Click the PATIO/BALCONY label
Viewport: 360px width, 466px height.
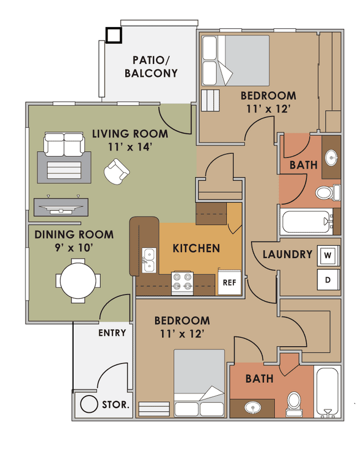(151, 66)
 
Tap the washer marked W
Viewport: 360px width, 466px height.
(328, 255)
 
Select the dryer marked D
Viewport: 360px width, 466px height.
(328, 280)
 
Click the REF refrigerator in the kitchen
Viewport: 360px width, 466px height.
(229, 282)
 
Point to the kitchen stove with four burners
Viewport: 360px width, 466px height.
(182, 283)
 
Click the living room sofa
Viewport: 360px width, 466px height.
(64, 144)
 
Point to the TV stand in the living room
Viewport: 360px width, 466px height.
(61, 207)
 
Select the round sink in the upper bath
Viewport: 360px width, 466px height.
(331, 157)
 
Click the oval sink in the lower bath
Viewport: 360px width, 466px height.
(253, 407)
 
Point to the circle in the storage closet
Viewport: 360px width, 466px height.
(89, 404)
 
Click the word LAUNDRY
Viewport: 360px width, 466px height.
(287, 254)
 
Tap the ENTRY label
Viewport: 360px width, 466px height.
(112, 333)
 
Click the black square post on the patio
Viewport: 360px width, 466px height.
(114, 35)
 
